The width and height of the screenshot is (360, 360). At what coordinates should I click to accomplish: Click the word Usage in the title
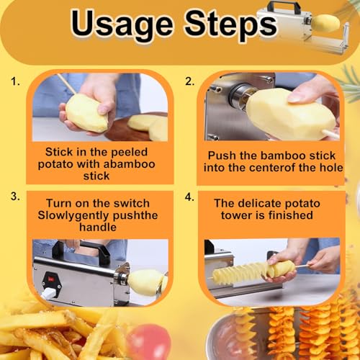pos(122,26)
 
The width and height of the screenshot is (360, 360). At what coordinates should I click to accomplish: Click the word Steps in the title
pos(231,26)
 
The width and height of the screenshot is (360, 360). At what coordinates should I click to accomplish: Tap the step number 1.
pos(15,82)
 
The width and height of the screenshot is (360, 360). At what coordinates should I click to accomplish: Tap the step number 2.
pos(189,81)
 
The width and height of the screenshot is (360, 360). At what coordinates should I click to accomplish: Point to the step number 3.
pos(15,197)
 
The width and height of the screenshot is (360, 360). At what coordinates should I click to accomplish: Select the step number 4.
pos(189,197)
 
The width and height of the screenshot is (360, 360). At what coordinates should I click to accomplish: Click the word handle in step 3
pos(98,227)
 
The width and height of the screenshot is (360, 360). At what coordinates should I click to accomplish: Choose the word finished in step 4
pos(291,215)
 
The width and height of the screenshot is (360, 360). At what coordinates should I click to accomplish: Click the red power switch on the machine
pos(51,279)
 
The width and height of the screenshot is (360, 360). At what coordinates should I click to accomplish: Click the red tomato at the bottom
pos(149,342)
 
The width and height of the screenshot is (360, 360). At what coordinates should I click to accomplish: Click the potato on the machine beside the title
pos(325,23)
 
